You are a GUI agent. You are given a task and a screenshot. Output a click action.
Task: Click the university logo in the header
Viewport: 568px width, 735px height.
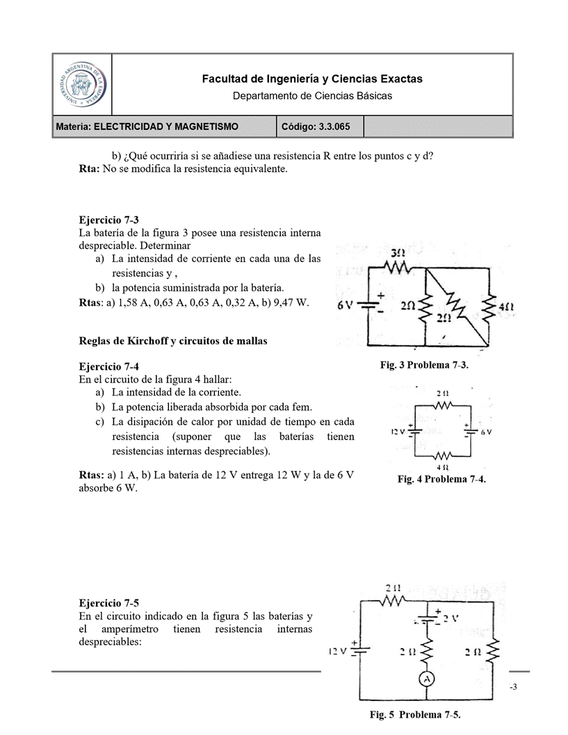pyautogui.click(x=81, y=84)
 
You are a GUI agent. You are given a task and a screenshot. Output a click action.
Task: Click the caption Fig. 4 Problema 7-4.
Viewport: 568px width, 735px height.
pyautogui.click(x=441, y=479)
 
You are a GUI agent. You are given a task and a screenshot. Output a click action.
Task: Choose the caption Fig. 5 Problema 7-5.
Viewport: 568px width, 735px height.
pyautogui.click(x=414, y=714)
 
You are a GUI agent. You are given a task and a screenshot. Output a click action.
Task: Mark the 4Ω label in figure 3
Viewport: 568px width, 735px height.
pyautogui.click(x=507, y=305)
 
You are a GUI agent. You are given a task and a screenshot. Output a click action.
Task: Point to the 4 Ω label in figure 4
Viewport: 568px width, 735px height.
pyautogui.click(x=441, y=467)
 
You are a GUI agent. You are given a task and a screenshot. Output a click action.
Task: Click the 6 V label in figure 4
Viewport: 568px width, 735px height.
pyautogui.click(x=486, y=432)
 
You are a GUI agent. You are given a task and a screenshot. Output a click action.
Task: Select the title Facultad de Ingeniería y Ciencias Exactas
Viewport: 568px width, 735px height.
pyautogui.click(x=311, y=79)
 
